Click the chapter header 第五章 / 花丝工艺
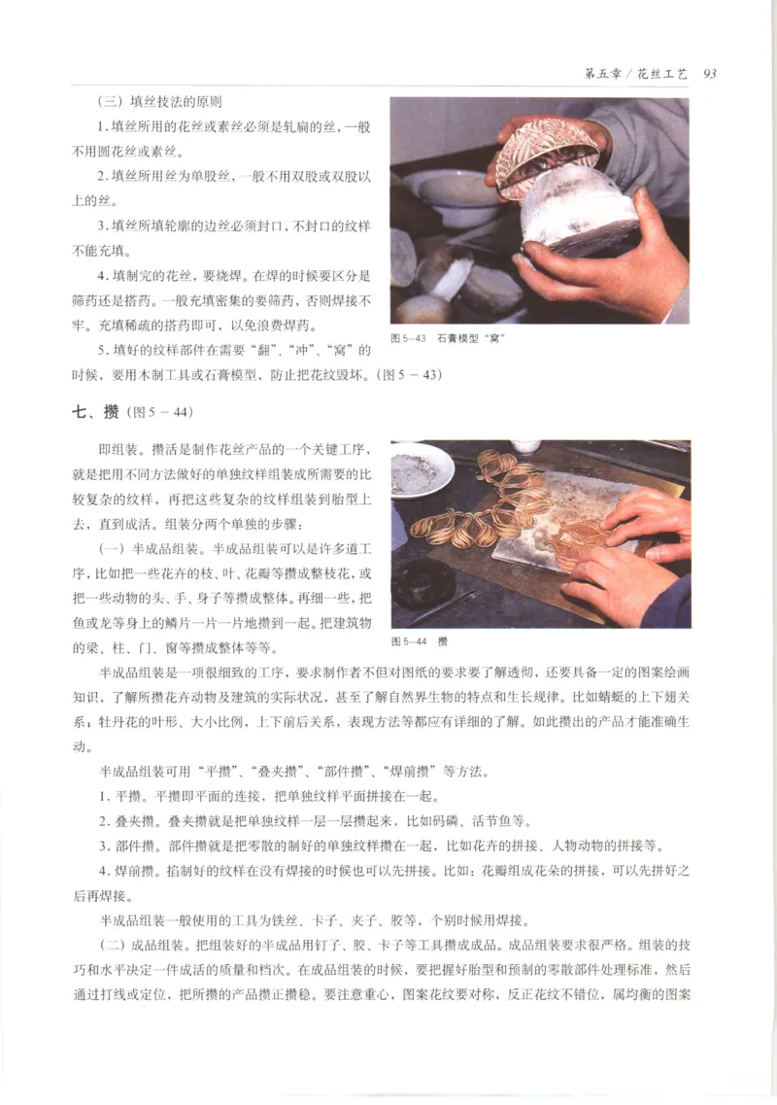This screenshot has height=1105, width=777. [x=635, y=74]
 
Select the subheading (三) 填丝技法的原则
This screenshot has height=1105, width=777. [x=161, y=103]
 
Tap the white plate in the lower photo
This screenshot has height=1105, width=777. [x=420, y=470]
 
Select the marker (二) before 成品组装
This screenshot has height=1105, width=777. [x=115, y=946]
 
